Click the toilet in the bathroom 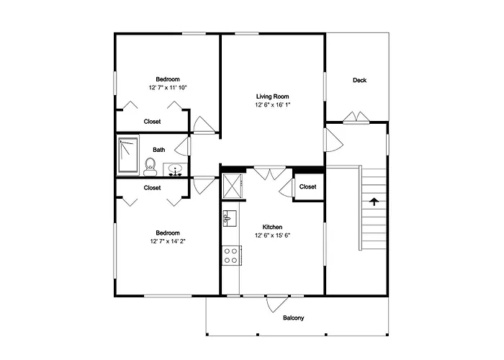(150, 167)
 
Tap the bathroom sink (175, 170)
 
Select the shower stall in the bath (128, 156)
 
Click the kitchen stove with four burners (231, 256)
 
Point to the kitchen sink (230, 218)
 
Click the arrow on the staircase (374, 202)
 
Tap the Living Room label (273, 96)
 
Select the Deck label (360, 81)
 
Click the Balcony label (294, 318)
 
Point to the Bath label (159, 150)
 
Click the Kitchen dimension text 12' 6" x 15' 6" (273, 235)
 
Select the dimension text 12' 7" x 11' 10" (168, 87)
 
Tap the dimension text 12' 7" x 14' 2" (168, 241)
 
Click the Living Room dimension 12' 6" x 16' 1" (273, 105)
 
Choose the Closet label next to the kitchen (307, 186)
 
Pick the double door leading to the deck (356, 117)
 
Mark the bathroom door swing (183, 147)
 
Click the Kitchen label (272, 227)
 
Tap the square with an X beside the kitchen (232, 186)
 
